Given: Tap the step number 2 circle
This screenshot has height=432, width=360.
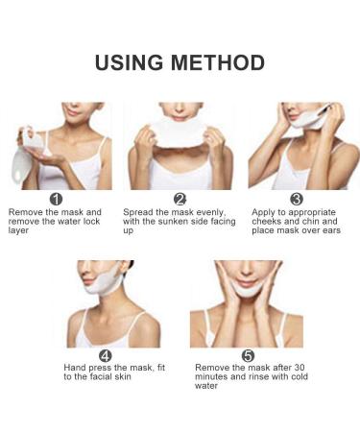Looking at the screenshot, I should (x=180, y=199).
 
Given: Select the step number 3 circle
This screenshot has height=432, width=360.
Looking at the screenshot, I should (x=297, y=199).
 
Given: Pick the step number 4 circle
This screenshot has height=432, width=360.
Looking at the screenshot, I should (x=119, y=355).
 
